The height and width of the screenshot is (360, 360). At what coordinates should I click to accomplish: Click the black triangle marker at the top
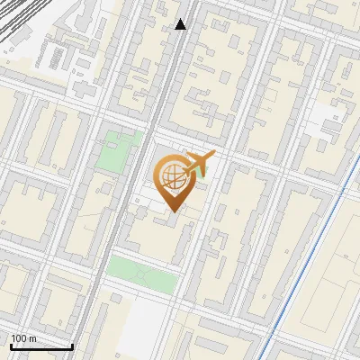coord(181,24)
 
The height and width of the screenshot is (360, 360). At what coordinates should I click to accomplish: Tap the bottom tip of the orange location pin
coord(171,211)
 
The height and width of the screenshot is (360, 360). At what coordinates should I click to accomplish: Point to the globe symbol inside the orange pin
coord(171,177)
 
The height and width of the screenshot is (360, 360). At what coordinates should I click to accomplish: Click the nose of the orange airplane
coord(212,155)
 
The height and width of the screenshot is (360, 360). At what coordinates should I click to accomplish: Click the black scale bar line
coord(41,346)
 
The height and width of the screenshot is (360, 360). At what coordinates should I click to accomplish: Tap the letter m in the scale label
coord(33,338)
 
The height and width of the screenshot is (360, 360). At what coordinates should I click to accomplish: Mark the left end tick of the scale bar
coord(10,345)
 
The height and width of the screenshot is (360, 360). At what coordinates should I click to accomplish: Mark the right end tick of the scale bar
coord(73,345)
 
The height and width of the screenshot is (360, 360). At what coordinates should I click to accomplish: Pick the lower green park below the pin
coord(142,274)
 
